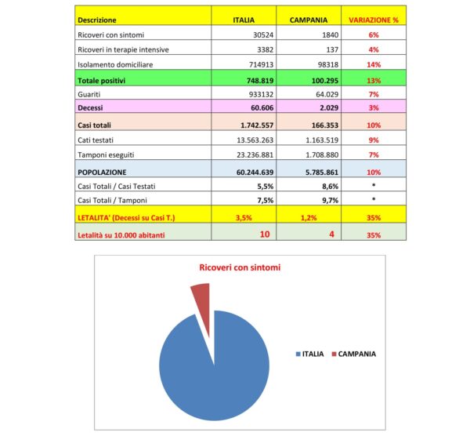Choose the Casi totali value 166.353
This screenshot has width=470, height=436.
[313, 125]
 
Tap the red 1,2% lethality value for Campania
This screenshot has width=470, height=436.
[309, 216]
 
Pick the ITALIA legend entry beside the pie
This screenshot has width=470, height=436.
[309, 354]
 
